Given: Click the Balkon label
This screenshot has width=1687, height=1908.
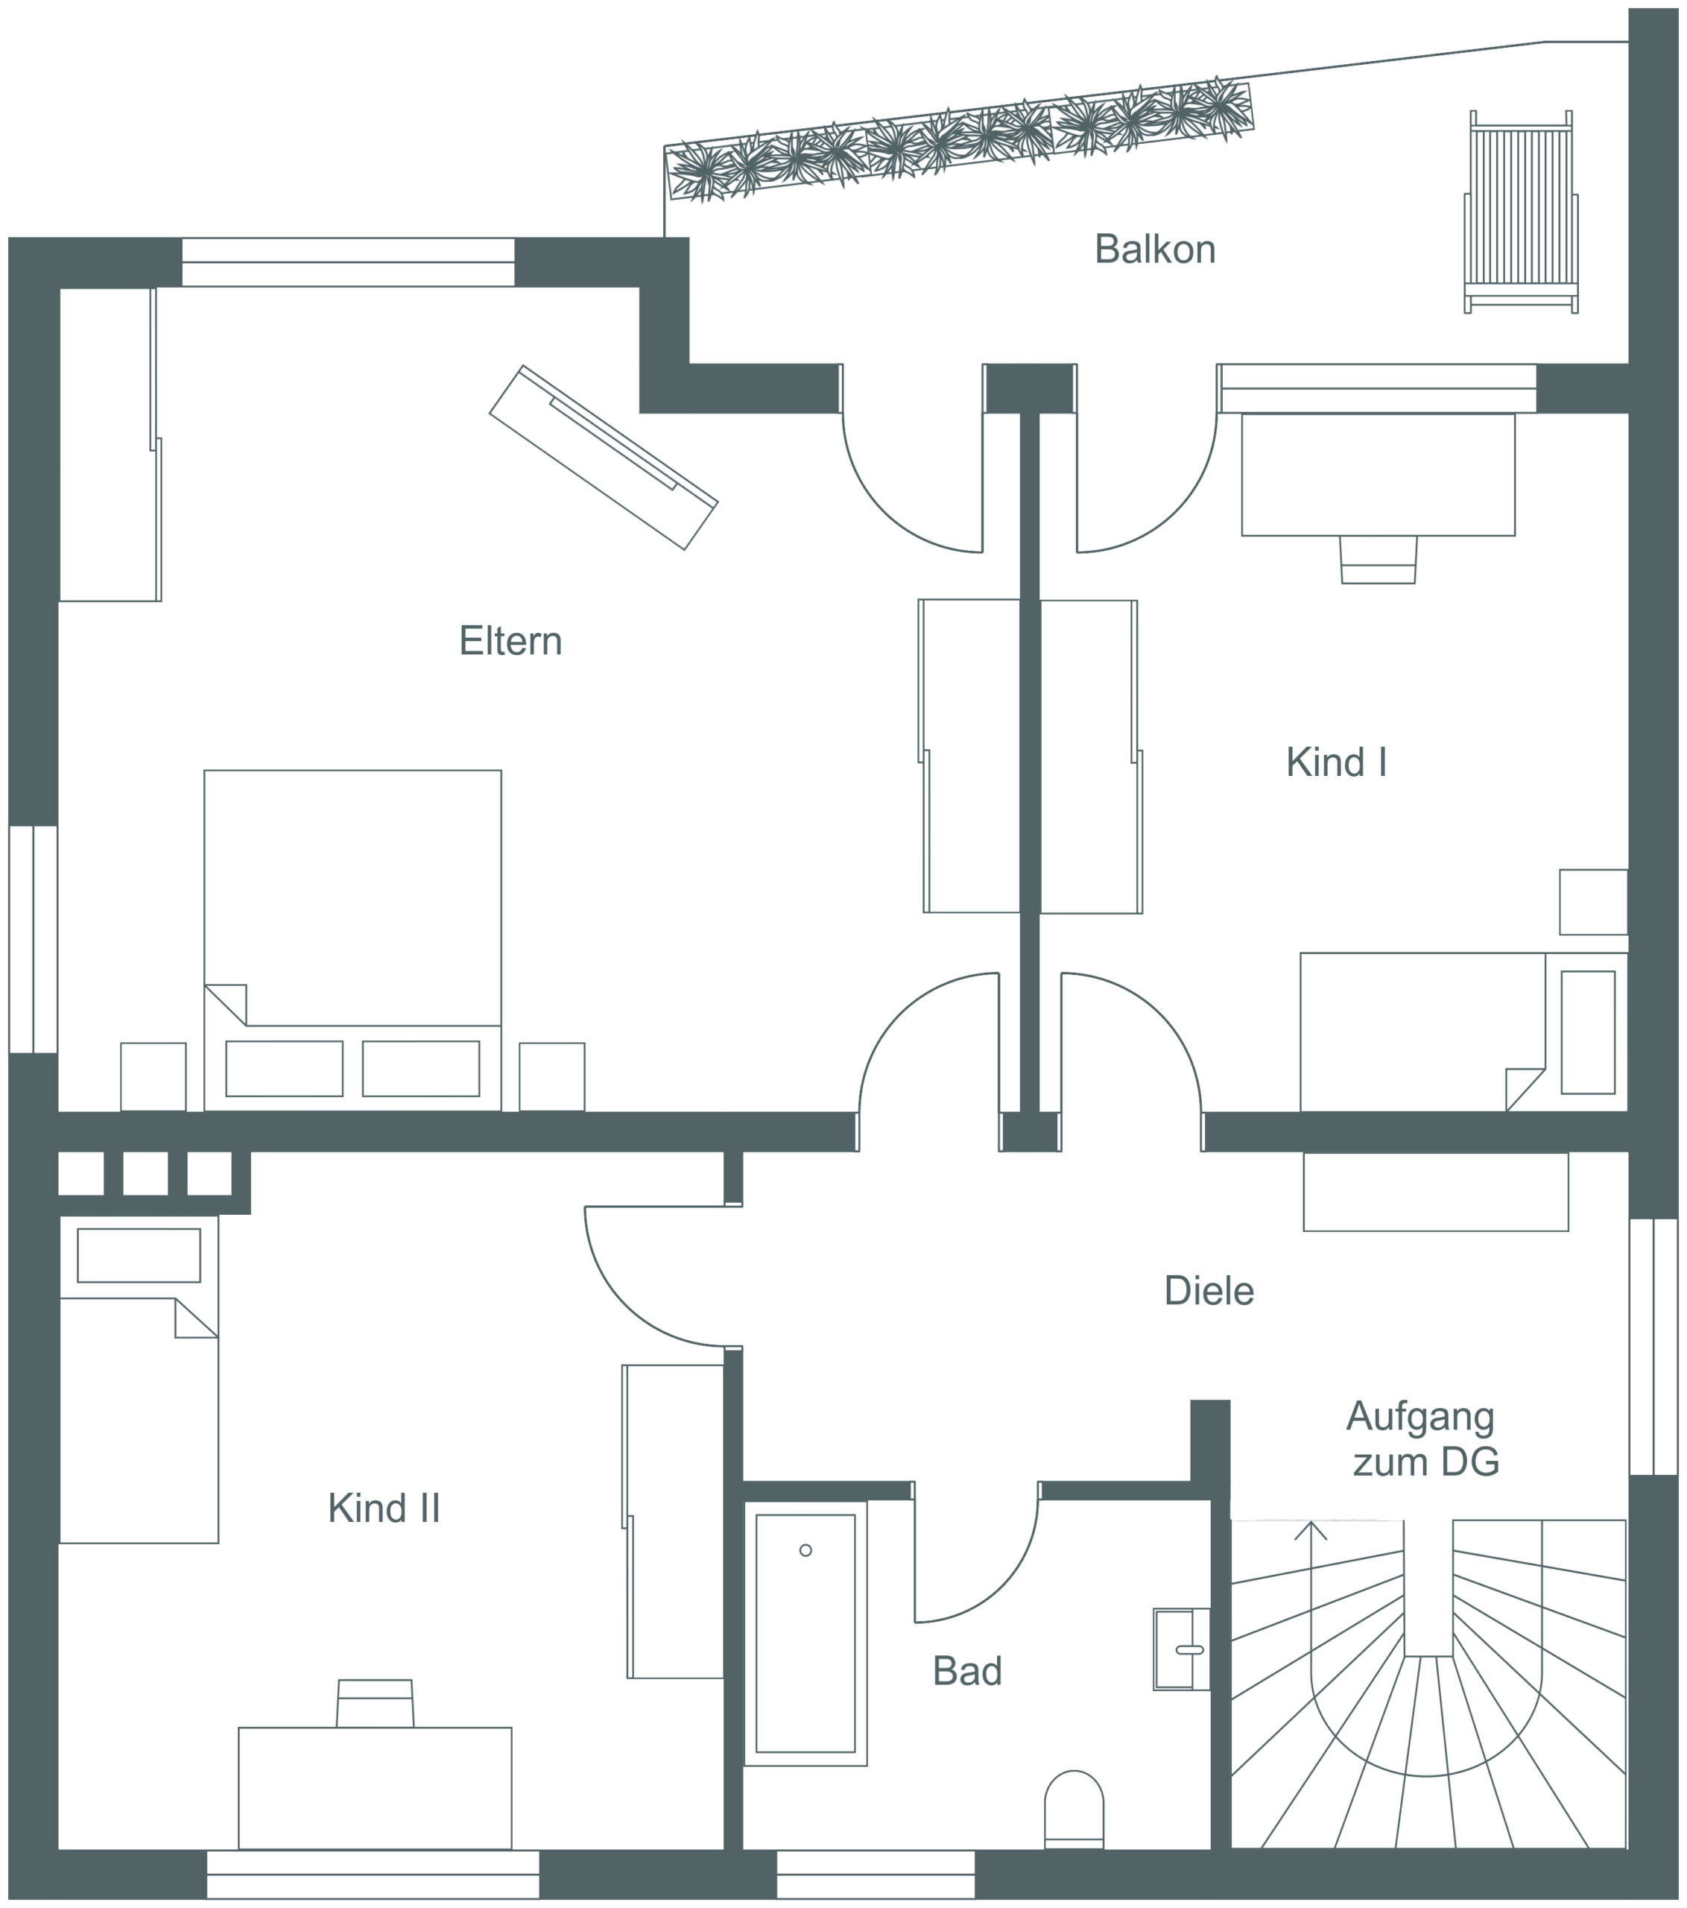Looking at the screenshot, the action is [1154, 249].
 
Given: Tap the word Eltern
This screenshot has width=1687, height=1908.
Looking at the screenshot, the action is [510, 641].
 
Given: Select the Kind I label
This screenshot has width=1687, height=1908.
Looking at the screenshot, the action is [1336, 762].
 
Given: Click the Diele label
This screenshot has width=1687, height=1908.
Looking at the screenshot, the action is [1209, 1291].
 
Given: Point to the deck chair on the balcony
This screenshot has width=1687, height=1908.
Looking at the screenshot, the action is [1521, 212].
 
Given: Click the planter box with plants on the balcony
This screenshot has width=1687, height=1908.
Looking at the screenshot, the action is [959, 140].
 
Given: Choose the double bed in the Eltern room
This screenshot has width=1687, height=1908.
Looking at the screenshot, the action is [352, 940].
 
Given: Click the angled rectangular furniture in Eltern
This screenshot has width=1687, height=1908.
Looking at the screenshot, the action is [604, 458].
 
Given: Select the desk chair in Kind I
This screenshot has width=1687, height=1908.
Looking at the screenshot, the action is [1379, 559].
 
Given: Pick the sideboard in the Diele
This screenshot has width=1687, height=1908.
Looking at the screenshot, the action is [1436, 1192].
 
